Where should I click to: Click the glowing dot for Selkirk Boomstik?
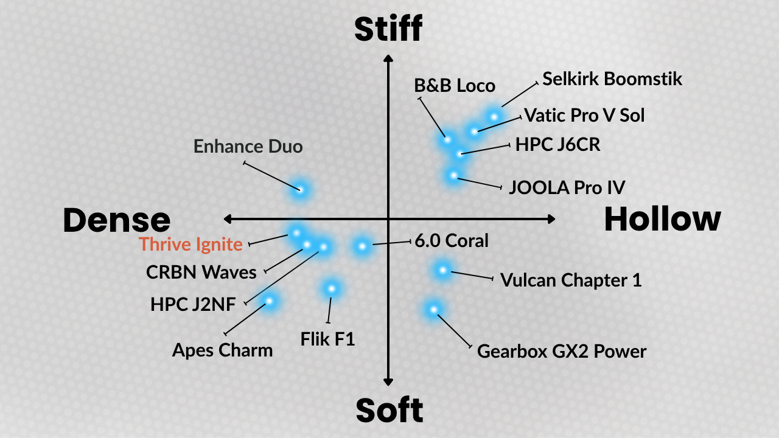click(494, 116)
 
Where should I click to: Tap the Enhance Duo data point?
click(300, 189)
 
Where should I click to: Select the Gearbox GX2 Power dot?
click(433, 310)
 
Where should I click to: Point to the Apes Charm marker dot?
click(269, 300)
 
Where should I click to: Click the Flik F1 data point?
click(332, 288)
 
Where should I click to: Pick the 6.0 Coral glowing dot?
click(362, 246)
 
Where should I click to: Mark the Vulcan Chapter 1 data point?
click(443, 269)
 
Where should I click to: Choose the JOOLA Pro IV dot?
click(453, 175)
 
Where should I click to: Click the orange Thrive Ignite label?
click(190, 245)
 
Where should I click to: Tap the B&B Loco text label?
click(455, 86)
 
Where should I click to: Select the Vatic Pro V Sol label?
click(584, 115)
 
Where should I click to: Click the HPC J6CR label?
click(557, 145)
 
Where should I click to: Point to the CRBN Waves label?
click(201, 272)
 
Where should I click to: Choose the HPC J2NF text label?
click(193, 304)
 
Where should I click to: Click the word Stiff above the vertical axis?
click(388, 29)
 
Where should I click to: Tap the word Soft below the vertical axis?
click(389, 411)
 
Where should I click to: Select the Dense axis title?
click(116, 220)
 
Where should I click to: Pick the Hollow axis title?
click(662, 219)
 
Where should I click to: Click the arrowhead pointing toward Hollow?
click(551, 218)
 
